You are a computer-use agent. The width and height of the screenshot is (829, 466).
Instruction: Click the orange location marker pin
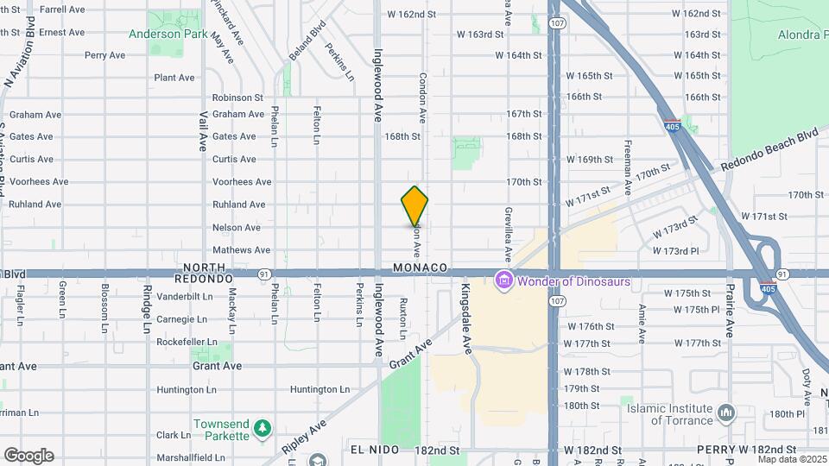point(414,206)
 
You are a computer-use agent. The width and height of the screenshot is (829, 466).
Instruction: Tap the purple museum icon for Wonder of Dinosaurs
point(503,280)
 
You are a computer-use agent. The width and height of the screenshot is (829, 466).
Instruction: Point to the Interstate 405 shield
point(672,126)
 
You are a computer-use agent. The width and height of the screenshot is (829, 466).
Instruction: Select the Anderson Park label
point(168,35)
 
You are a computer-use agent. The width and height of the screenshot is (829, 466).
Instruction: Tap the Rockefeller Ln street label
point(186,342)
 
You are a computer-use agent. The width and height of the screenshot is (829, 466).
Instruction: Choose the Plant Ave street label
point(174,78)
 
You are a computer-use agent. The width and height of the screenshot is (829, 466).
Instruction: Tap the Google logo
point(28,455)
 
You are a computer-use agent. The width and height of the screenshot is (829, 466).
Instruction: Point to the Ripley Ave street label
point(304,438)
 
